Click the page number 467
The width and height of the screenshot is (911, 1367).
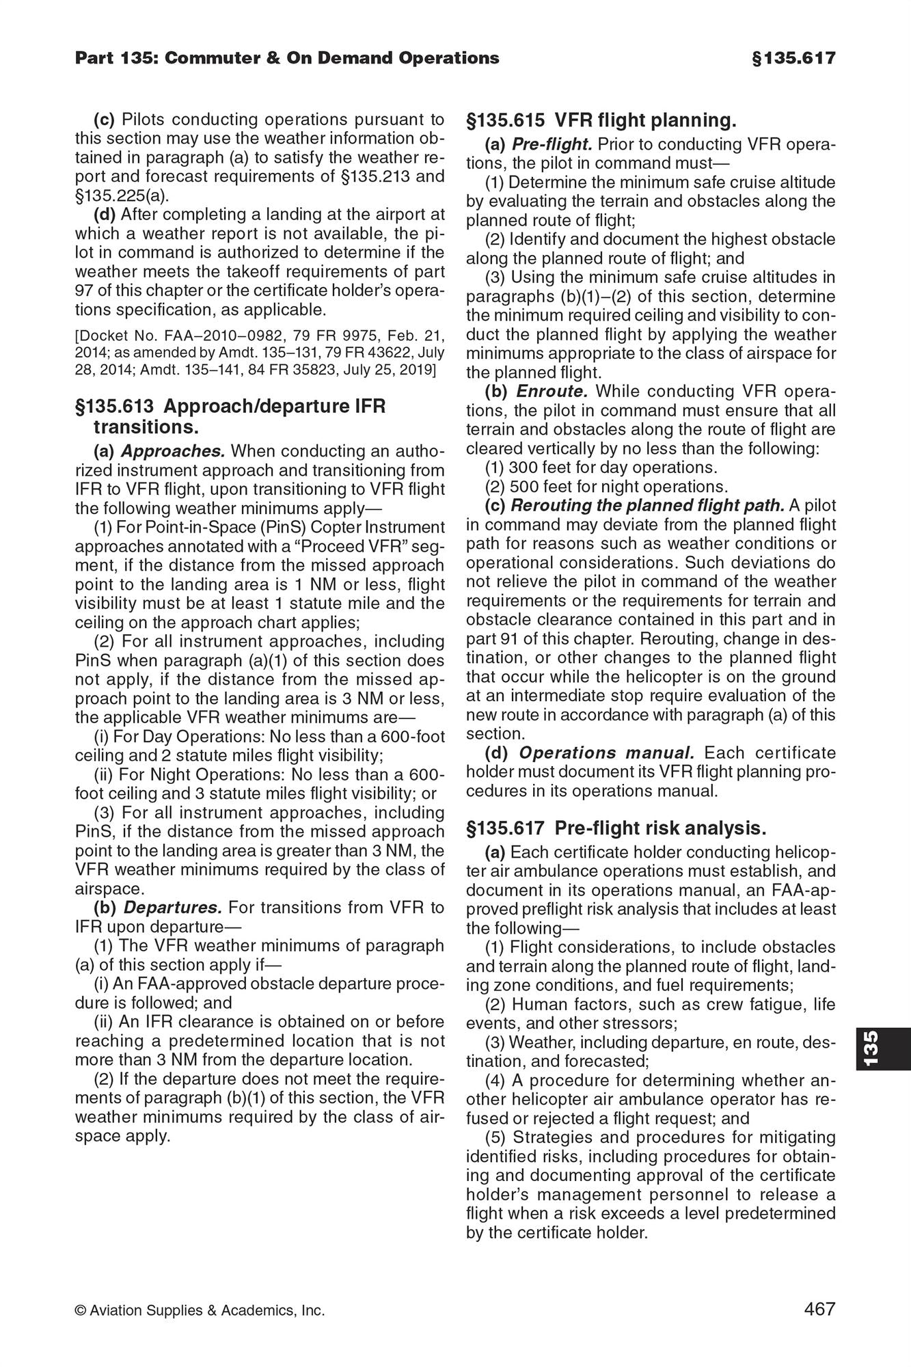(819, 1310)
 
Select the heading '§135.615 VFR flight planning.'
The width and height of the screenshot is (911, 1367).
(601, 121)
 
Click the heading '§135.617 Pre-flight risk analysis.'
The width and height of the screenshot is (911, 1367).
(616, 828)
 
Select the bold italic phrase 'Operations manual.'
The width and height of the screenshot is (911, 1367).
(607, 753)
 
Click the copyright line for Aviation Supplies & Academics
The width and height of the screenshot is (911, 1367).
(200, 1310)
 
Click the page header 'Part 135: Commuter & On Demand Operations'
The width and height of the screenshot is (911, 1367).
(287, 58)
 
